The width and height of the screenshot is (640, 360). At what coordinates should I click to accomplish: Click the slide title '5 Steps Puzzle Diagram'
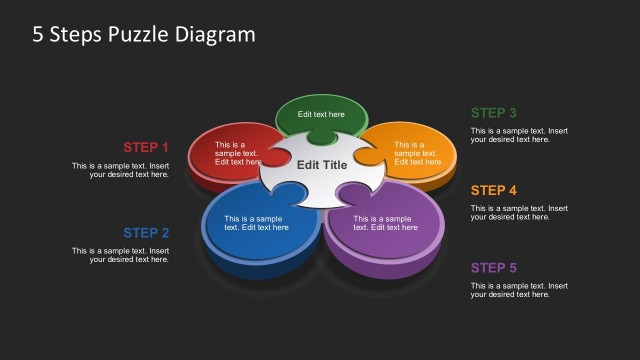pos(143,34)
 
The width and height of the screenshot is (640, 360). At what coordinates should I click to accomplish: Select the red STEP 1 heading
pos(146,147)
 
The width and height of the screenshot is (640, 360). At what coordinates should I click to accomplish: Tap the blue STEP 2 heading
pos(146,233)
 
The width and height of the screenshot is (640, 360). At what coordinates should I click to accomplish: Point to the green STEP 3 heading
pos(494,113)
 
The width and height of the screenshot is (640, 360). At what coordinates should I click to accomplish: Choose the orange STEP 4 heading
pos(494,190)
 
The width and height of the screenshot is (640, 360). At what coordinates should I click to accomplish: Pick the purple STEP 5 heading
pos(494,267)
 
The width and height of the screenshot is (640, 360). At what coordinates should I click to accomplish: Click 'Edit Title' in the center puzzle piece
pos(322,165)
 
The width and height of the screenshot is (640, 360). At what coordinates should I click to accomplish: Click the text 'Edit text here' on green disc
pos(321,115)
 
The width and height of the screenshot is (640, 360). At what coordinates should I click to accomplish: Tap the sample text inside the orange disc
pos(417,153)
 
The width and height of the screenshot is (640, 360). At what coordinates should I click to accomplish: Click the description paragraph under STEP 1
pos(120,170)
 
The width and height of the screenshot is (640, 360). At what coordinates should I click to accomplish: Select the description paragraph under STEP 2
pos(120,255)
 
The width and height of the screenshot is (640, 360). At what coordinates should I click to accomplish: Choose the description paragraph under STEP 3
pos(519,135)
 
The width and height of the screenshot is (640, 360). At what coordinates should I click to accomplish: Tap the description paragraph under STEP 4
pos(519,212)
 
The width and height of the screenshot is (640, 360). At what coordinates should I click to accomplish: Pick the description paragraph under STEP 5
pos(519,290)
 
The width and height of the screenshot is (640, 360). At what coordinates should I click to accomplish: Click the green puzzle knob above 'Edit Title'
pos(321,137)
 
